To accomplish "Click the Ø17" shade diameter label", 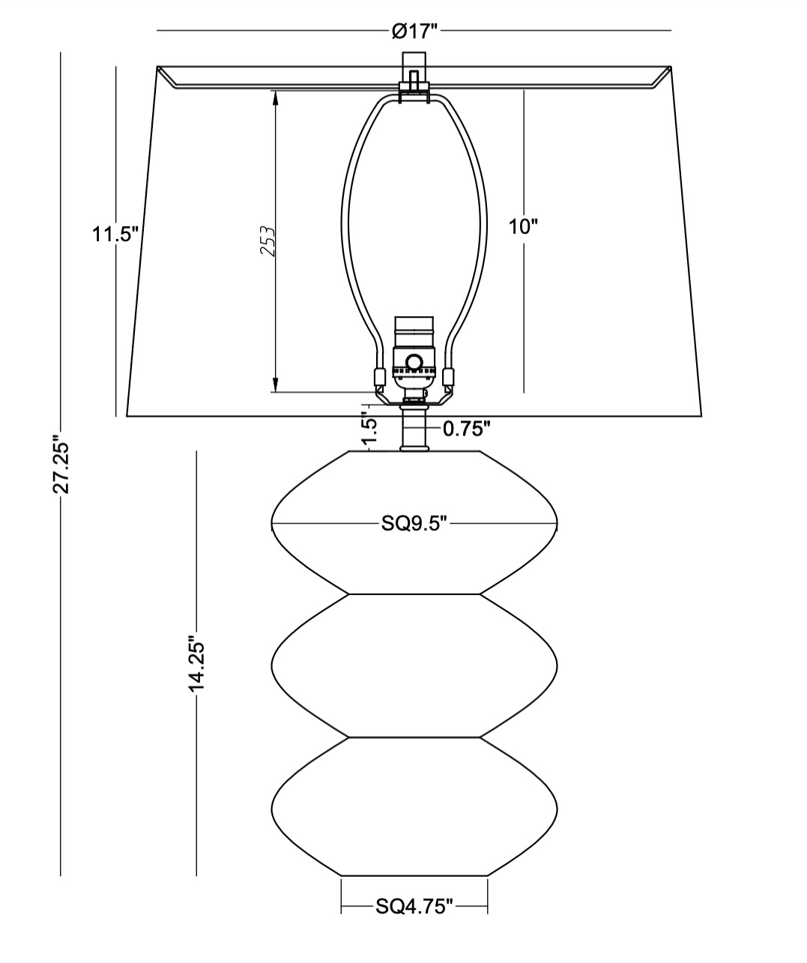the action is [x=414, y=31].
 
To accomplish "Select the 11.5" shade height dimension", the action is [x=115, y=235].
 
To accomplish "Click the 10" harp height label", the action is [x=524, y=227].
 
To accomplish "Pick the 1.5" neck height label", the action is [x=370, y=430].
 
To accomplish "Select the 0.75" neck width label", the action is [x=466, y=429].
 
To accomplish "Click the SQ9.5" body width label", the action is [x=414, y=524].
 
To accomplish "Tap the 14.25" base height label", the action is [x=196, y=664].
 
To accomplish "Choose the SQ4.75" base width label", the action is [x=414, y=906].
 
